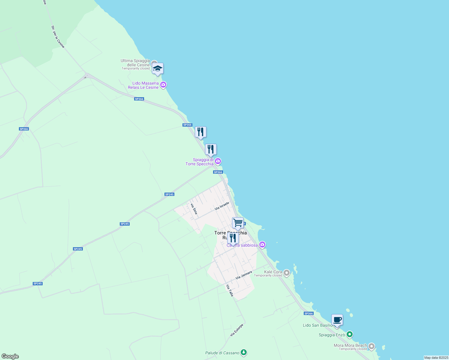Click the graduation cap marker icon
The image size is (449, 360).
pyautogui.click(x=158, y=69)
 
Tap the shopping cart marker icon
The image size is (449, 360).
pyautogui.click(x=238, y=223)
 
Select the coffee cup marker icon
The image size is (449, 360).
pyautogui.click(x=337, y=320)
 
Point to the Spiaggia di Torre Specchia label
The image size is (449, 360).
pyautogui.click(x=200, y=162)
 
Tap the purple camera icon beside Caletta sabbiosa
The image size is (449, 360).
pyautogui.click(x=262, y=245)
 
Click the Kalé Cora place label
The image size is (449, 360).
pyautogui.click(x=273, y=272)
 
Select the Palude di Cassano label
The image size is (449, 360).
pyautogui.click(x=222, y=353)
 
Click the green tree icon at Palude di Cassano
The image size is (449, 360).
pyautogui.click(x=244, y=353)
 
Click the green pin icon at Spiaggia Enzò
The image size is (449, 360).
pyautogui.click(x=349, y=334)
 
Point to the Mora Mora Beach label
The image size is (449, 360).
pyautogui.click(x=350, y=345)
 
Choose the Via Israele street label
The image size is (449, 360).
pyautogui.click(x=222, y=206)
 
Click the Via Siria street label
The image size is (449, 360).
pyautogui.click(x=194, y=209)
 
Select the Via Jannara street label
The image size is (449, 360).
pyautogui.click(x=244, y=275)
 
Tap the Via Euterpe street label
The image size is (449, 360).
pyautogui.click(x=237, y=330)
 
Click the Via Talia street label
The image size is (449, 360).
pyautogui.click(x=230, y=290)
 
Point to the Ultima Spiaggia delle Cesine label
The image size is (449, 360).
pyautogui.click(x=135, y=63)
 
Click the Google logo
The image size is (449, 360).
pyautogui.click(x=10, y=356)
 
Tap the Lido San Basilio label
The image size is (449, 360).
pyautogui.click(x=318, y=325)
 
